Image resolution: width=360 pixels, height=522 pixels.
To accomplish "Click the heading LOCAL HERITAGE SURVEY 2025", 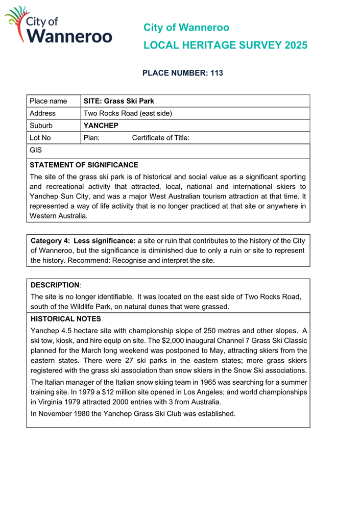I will [x=225, y=45].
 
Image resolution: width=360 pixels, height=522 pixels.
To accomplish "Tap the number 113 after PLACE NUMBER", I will [x=216, y=73].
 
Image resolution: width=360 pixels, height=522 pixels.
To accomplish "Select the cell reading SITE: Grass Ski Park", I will [x=118, y=101].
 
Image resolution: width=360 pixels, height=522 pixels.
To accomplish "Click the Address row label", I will [x=43, y=113].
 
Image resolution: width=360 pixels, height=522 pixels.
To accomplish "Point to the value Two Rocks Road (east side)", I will [x=128, y=113].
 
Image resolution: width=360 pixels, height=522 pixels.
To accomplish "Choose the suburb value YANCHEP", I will [x=101, y=126].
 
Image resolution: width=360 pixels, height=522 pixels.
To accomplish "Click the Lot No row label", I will [x=40, y=138].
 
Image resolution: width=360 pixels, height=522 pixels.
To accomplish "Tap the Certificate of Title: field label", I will [x=161, y=138].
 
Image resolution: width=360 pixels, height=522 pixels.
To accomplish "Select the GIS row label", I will [x=36, y=151].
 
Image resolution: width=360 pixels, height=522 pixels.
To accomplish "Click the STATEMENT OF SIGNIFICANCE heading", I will [x=84, y=165].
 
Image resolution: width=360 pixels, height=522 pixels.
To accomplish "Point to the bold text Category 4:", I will [x=51, y=240].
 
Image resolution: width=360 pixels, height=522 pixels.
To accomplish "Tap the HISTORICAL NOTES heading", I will [x=64, y=318].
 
